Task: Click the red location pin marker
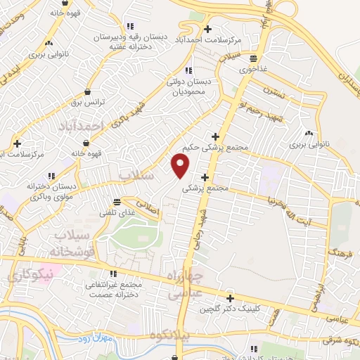pyautogui.click(x=181, y=165)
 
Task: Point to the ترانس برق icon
pyautogui.click(x=87, y=92)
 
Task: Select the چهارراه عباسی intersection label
pyautogui.click(x=187, y=283)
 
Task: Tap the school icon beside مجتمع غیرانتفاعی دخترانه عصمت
pyautogui.click(x=111, y=274)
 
